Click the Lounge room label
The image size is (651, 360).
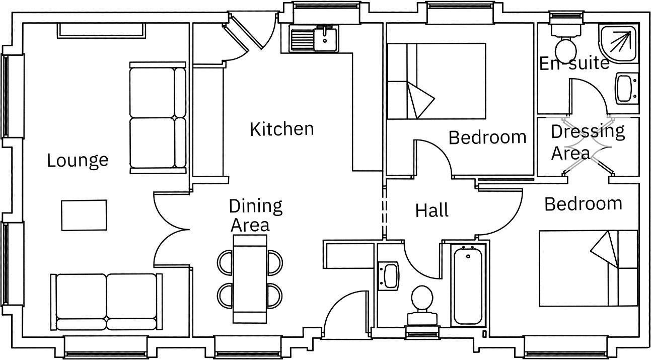(78, 160)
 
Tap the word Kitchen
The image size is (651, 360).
(281, 129)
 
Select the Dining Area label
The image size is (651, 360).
(255, 215)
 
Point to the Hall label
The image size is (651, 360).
(431, 210)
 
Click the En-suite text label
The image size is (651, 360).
(574, 63)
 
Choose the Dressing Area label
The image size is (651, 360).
(587, 141)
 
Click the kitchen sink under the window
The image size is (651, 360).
(314, 39)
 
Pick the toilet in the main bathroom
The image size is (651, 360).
(421, 304)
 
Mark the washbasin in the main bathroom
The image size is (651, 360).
(388, 275)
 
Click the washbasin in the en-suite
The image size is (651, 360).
(627, 89)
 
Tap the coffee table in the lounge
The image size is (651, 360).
(84, 215)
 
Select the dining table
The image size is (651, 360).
(250, 279)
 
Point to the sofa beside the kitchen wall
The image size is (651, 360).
(158, 117)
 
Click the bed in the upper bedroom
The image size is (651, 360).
(436, 81)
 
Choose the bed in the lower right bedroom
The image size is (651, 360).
(588, 268)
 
